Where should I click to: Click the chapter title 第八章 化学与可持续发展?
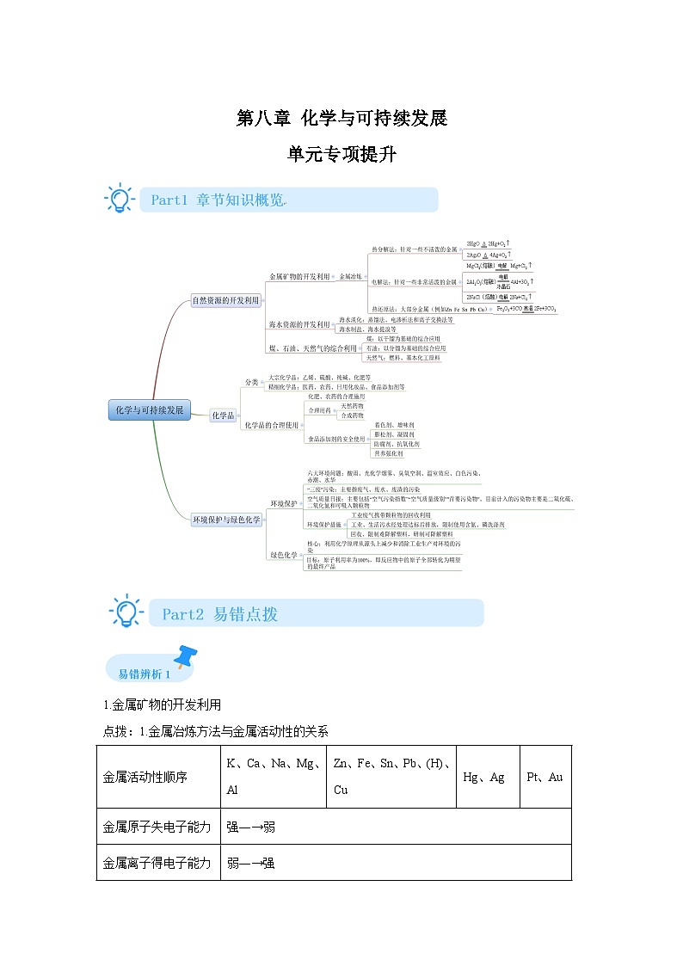point(341,118)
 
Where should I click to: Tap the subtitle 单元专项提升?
point(341,155)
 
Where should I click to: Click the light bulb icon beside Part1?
point(119,198)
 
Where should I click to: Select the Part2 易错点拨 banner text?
point(220,614)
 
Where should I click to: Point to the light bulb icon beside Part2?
point(126,610)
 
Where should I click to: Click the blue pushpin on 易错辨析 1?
point(184,657)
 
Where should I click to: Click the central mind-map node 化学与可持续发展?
point(151,410)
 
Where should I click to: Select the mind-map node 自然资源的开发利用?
point(225,301)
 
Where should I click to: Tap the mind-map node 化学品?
point(223,415)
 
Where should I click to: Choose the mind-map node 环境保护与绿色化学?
point(226,520)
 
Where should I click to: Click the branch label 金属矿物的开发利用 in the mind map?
point(299,277)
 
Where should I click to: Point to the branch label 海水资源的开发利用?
point(299,324)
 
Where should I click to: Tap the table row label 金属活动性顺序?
point(145,777)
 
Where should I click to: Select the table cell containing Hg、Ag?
point(484,777)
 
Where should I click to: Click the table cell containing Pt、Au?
point(545,777)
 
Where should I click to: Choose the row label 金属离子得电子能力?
point(157,863)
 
